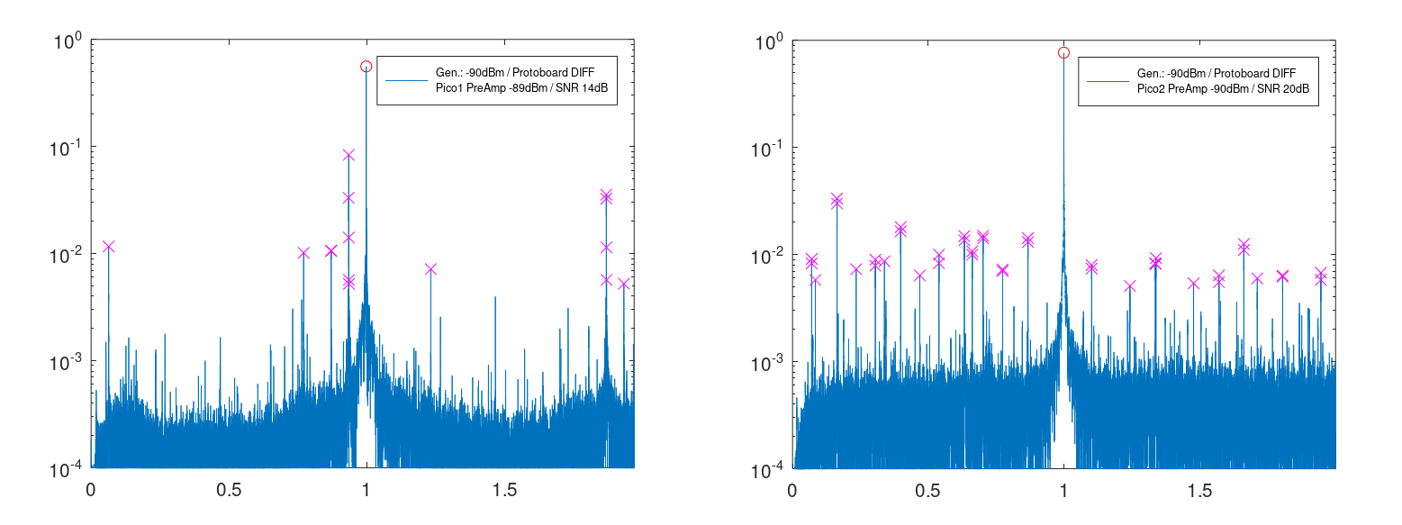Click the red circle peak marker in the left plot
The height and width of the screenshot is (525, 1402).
click(x=366, y=67)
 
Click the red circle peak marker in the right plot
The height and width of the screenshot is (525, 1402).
click(x=1063, y=53)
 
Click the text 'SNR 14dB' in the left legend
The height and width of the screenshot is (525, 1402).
click(x=582, y=88)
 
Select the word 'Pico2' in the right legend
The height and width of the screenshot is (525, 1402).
click(x=1152, y=89)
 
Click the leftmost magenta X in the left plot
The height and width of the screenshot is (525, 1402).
click(x=108, y=247)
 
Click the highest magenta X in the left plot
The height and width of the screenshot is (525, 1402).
click(x=348, y=156)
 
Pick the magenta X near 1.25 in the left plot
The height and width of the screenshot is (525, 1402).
click(x=430, y=269)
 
